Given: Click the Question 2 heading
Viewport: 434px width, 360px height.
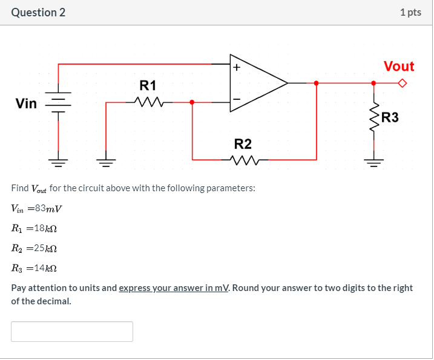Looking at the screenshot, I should point(38,12).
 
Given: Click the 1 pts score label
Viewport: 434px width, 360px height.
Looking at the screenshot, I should point(410,12).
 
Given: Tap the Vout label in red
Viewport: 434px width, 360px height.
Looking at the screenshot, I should point(399,67).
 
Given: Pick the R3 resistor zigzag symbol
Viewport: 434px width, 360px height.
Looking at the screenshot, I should point(373,119).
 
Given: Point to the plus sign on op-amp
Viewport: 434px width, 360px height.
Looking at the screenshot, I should point(237,68).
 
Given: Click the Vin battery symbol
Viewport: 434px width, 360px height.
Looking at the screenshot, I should point(59,103).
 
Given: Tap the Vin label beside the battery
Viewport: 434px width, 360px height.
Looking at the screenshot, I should point(26,103).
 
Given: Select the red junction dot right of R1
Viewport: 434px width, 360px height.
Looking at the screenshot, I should point(192,102).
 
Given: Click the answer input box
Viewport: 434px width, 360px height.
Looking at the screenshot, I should point(72,332).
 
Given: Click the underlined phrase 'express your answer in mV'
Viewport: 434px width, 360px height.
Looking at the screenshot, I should point(174,288).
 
